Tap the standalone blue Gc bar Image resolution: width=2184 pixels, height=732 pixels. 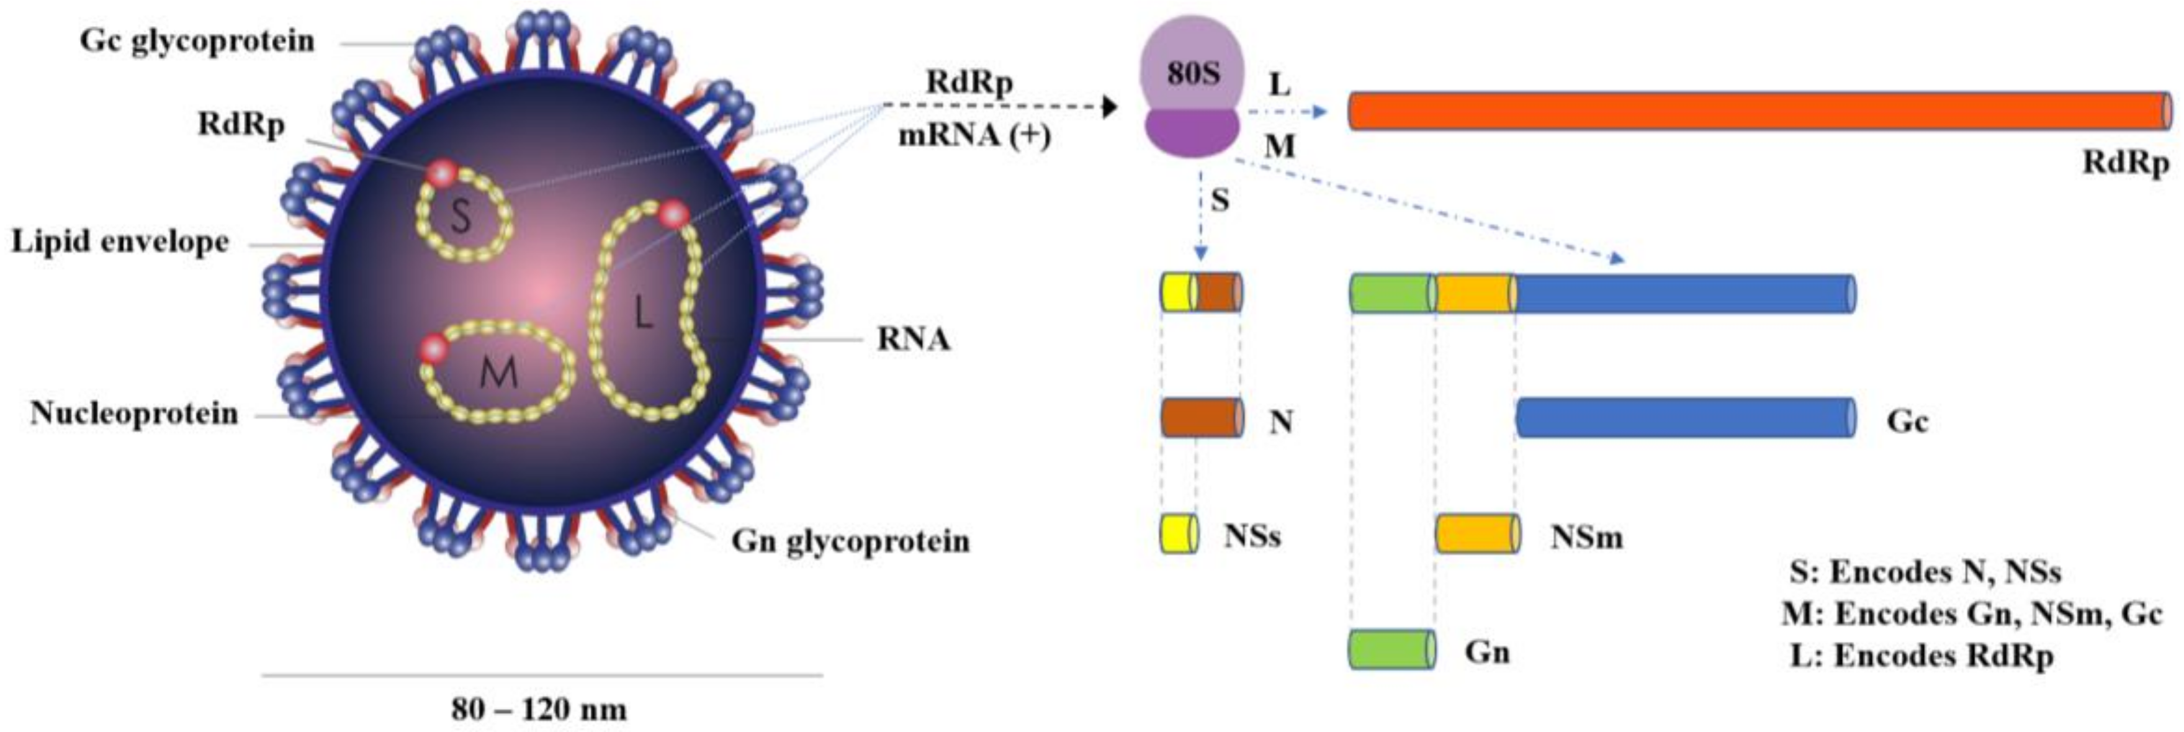point(1683,417)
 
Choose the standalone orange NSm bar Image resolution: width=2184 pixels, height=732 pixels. point(1476,533)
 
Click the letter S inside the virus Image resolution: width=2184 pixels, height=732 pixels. point(461,216)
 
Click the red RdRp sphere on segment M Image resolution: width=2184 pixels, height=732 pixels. point(433,348)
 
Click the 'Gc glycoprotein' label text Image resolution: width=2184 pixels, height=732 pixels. point(197,41)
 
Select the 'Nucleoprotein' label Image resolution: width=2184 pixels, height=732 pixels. point(134,413)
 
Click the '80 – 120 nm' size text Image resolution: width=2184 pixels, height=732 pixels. point(539,709)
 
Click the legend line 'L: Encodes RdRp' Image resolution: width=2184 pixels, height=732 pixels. point(1921,656)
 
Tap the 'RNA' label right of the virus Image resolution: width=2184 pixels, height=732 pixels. point(912,339)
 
